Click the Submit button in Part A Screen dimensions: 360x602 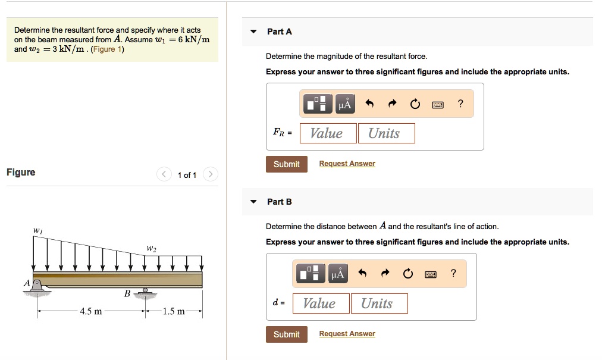coord(286,164)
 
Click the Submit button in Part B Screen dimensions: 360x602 coord(286,334)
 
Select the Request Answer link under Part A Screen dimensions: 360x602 coord(347,164)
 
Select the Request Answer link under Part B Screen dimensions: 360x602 coord(347,334)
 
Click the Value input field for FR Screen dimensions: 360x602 coord(328,133)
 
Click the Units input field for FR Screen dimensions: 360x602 coord(385,133)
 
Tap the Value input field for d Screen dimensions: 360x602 coord(321,303)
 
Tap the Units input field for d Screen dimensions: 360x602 coord(378,303)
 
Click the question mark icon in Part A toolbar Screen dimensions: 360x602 coord(460,104)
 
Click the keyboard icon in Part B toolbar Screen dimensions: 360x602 coord(430,274)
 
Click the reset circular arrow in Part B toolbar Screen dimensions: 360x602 coord(407,274)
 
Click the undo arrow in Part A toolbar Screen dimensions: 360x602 coord(369,104)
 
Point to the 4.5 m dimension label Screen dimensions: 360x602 coord(91,311)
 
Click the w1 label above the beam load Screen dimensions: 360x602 coord(37,230)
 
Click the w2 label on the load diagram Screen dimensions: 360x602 coord(151,248)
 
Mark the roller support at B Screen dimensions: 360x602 coord(144,292)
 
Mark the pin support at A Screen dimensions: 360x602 coord(37,287)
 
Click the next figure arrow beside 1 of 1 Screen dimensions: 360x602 coord(211,174)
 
